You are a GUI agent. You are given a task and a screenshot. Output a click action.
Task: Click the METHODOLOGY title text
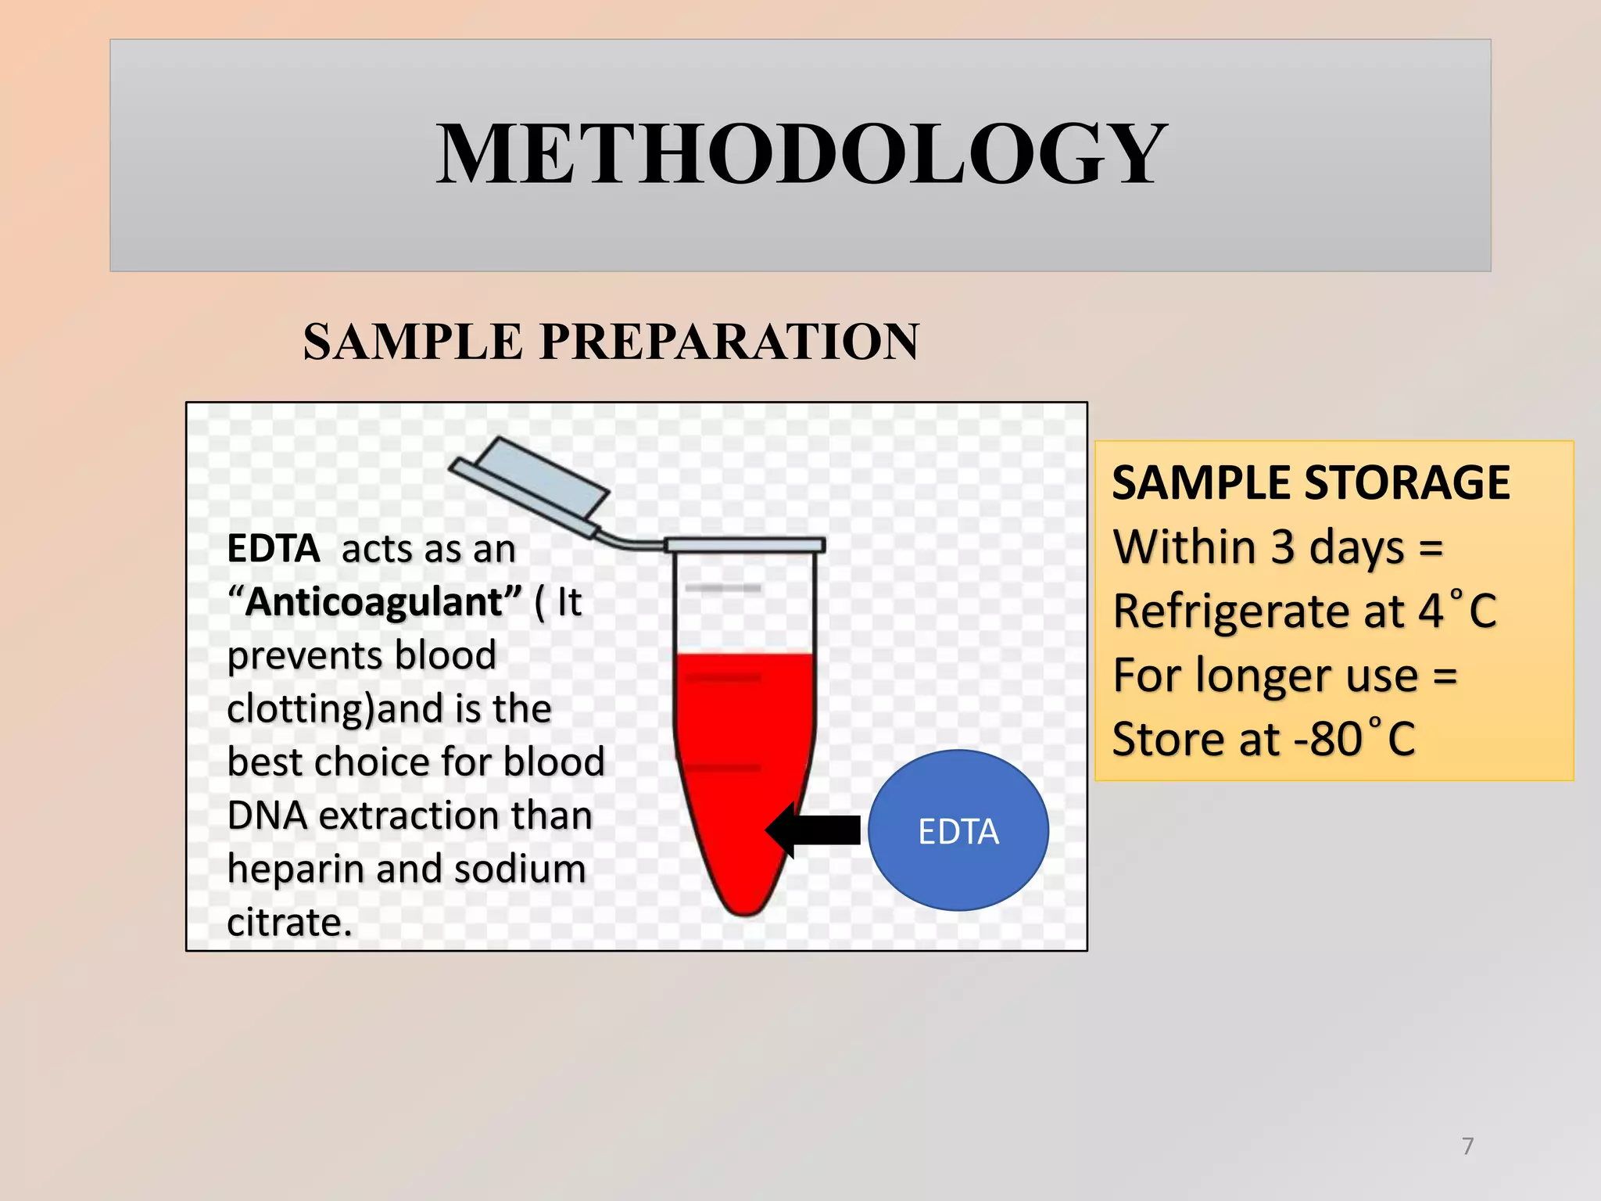tap(800, 154)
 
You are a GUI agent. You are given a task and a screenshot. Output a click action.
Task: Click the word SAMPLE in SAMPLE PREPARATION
tap(413, 342)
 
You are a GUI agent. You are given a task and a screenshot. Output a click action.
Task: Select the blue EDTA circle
tap(958, 830)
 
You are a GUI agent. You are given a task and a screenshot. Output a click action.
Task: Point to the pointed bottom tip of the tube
tap(745, 909)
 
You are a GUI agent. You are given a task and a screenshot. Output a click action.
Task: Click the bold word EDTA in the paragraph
tap(273, 548)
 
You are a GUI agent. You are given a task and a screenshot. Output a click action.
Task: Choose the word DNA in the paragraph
tap(267, 816)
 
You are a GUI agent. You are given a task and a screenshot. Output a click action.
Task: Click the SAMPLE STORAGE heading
tap(1310, 482)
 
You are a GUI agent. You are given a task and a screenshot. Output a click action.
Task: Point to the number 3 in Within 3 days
tap(1282, 547)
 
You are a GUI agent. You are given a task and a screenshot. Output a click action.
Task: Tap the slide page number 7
tap(1467, 1146)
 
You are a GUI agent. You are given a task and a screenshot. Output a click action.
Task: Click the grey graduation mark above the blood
tap(723, 587)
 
